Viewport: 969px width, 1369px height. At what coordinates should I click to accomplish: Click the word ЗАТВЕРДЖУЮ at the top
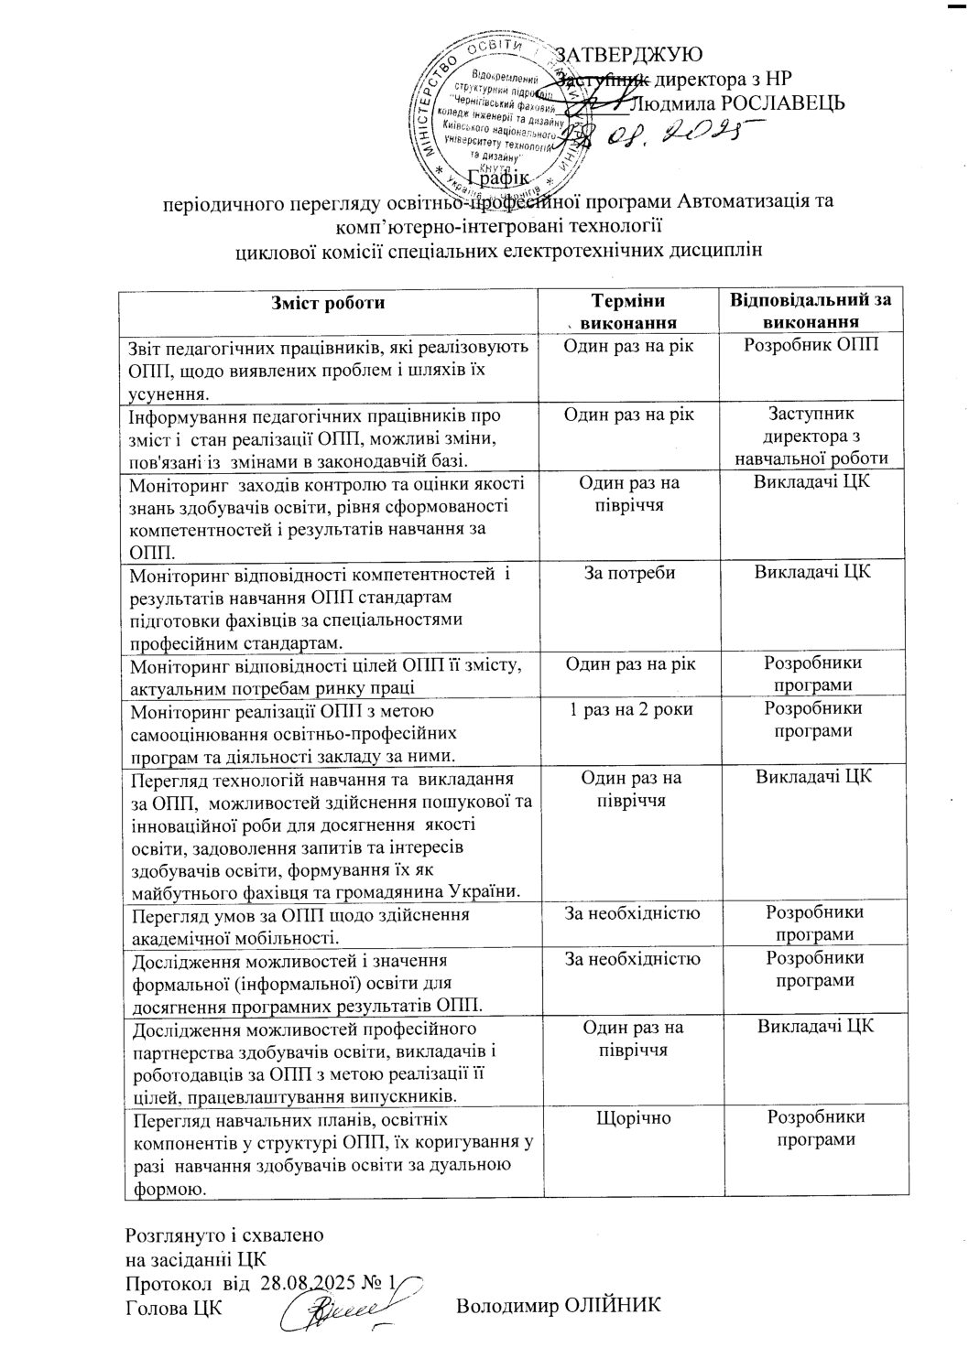click(629, 54)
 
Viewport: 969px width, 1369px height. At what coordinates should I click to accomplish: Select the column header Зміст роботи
click(328, 303)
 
